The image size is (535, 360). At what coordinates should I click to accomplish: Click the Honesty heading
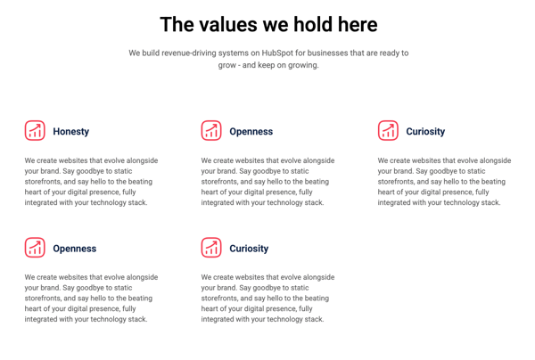point(71,132)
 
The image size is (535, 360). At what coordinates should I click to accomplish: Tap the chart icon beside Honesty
point(35,130)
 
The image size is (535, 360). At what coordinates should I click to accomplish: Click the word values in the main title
point(228,25)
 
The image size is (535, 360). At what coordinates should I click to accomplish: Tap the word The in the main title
point(177,25)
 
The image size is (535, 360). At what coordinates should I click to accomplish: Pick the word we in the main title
point(276,26)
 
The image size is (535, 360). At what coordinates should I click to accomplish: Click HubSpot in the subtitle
point(276,53)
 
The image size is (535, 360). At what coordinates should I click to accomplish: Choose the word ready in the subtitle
point(388,53)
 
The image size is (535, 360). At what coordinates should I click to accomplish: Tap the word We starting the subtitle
point(134,53)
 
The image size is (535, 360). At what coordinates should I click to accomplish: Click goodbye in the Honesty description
point(90,171)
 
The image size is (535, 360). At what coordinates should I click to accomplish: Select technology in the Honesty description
point(108,203)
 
